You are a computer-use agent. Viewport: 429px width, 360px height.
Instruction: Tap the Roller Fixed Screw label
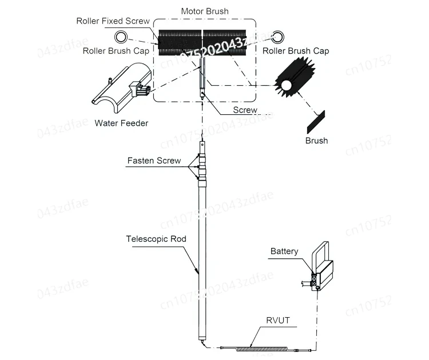[113, 21]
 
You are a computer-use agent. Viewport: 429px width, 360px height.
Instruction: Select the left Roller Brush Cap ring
[122, 38]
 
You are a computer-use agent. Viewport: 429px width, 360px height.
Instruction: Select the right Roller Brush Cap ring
[278, 38]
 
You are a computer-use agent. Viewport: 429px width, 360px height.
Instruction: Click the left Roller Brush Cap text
[116, 51]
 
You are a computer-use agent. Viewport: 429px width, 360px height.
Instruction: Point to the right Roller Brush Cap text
[296, 51]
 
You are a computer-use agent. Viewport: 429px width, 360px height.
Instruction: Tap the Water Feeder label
[121, 122]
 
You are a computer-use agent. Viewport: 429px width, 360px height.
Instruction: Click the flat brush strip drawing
[315, 120]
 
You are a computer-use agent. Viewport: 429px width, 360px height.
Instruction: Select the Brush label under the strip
[316, 140]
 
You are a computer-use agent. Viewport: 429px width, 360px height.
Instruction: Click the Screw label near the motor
[245, 110]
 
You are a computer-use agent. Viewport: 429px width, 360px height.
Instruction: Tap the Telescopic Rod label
[156, 239]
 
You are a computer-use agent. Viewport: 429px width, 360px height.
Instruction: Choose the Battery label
[284, 251]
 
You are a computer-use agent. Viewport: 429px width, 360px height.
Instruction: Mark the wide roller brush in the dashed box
[203, 42]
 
